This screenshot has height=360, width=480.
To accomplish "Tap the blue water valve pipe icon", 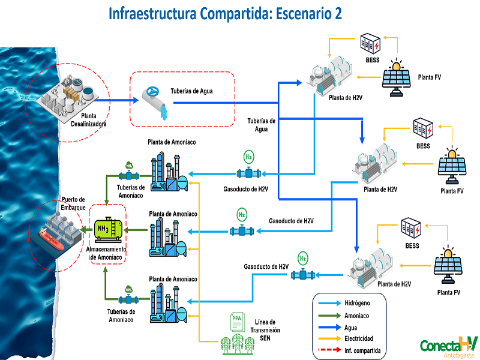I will click(x=157, y=100).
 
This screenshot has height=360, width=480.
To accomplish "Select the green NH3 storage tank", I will click(x=108, y=228).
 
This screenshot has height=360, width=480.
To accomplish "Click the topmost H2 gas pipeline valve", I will click(x=248, y=173).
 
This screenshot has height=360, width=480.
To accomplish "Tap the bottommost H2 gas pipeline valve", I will click(x=302, y=275).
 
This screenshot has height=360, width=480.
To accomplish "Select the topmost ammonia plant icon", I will click(x=168, y=171).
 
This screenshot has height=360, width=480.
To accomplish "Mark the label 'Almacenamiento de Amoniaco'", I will click(x=107, y=253).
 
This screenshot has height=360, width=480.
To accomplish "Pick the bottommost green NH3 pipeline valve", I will click(x=128, y=298).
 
